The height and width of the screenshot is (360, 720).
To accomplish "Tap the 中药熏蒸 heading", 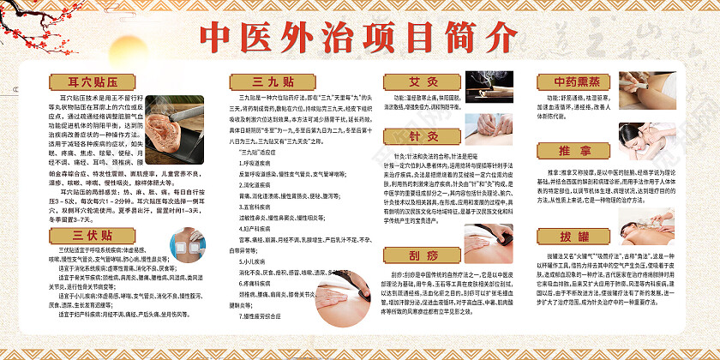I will click(x=572, y=82).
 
